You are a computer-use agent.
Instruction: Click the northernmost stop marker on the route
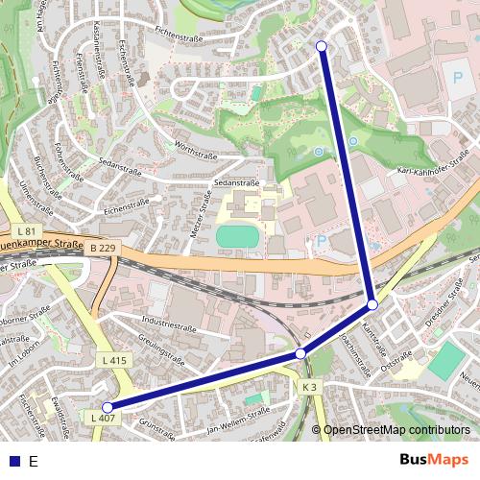point(321,46)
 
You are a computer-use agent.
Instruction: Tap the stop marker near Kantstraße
point(372,303)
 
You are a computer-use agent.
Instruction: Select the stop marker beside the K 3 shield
point(300,354)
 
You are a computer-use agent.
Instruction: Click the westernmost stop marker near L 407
point(108,407)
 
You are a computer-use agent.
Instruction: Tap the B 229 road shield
point(103,249)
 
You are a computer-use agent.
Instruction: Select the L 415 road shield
point(113,360)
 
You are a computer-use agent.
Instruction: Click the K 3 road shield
point(308,386)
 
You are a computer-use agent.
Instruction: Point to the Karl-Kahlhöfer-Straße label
point(433,164)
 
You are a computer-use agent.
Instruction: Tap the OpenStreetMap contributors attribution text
point(396,430)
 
